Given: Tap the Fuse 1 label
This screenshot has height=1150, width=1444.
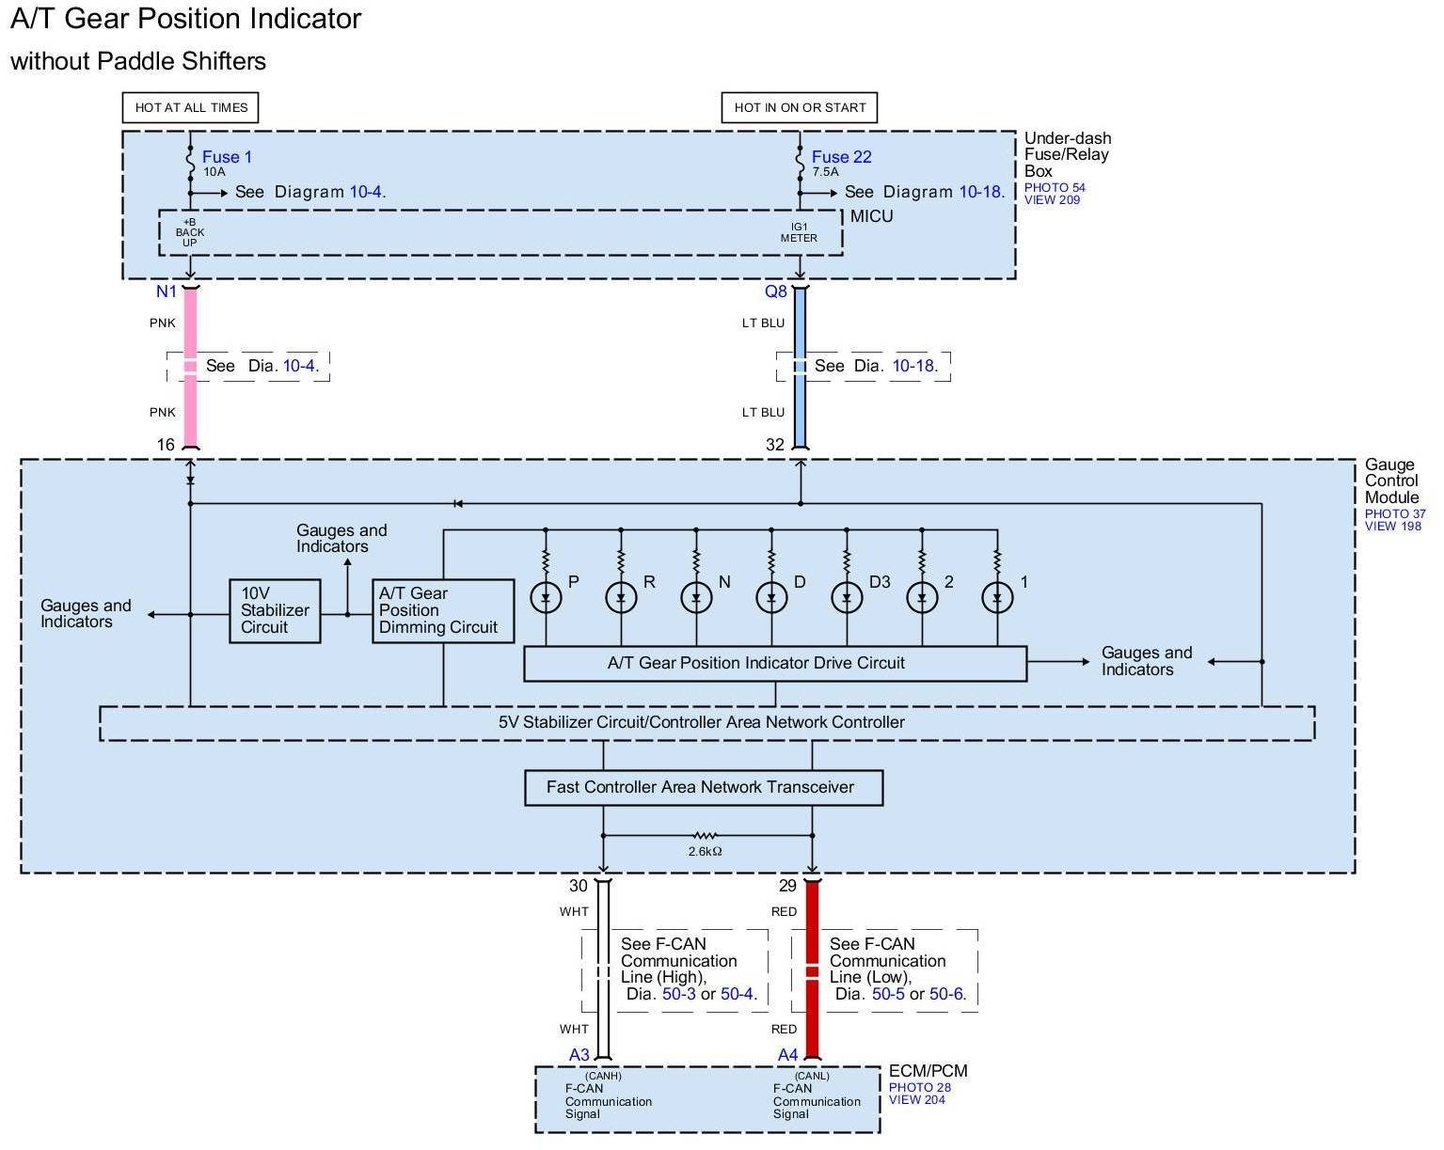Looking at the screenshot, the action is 227,157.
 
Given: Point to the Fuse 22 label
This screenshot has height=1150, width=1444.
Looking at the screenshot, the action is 841,157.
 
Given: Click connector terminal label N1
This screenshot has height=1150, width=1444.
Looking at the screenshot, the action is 167,291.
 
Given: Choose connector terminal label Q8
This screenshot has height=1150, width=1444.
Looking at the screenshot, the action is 776,291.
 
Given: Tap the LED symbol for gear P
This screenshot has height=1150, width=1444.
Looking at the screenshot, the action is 547,597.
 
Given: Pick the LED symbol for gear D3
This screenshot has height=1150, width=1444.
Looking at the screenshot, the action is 847,597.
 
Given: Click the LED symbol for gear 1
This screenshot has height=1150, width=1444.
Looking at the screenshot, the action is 998,597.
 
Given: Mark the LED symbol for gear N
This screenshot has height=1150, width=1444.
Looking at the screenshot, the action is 696,597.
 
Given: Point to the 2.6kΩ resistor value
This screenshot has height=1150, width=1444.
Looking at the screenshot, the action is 705,851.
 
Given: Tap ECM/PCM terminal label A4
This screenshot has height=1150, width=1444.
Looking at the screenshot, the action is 787,1055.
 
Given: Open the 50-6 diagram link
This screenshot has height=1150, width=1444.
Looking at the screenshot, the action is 946,994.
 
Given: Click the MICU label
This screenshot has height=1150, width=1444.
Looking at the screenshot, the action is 872,216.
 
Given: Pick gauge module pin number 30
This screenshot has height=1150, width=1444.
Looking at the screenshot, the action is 579,886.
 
